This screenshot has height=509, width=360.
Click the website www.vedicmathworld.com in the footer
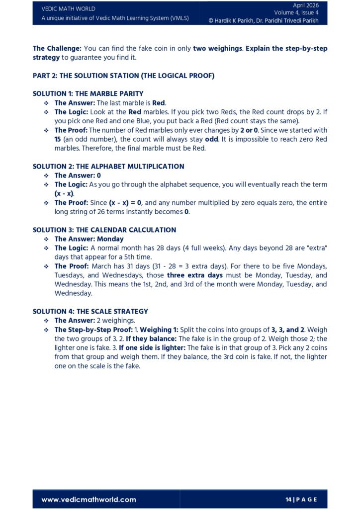click(x=89, y=500)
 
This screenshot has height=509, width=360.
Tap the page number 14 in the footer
click(x=288, y=500)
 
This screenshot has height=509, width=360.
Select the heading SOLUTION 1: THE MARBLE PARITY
click(x=88, y=93)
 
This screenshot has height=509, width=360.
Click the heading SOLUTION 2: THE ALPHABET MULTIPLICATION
click(x=108, y=167)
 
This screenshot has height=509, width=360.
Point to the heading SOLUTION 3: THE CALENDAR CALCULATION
click(x=104, y=230)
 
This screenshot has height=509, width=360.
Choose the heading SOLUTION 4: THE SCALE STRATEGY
click(x=90, y=311)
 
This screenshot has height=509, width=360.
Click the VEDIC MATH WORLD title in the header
click(x=68, y=8)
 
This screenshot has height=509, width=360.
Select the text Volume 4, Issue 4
click(x=296, y=13)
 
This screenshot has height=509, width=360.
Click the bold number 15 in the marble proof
click(x=58, y=139)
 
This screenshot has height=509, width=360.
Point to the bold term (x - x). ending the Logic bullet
click(x=64, y=193)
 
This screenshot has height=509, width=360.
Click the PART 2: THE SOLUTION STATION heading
click(x=123, y=76)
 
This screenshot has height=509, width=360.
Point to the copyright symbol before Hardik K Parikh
click(x=211, y=21)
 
